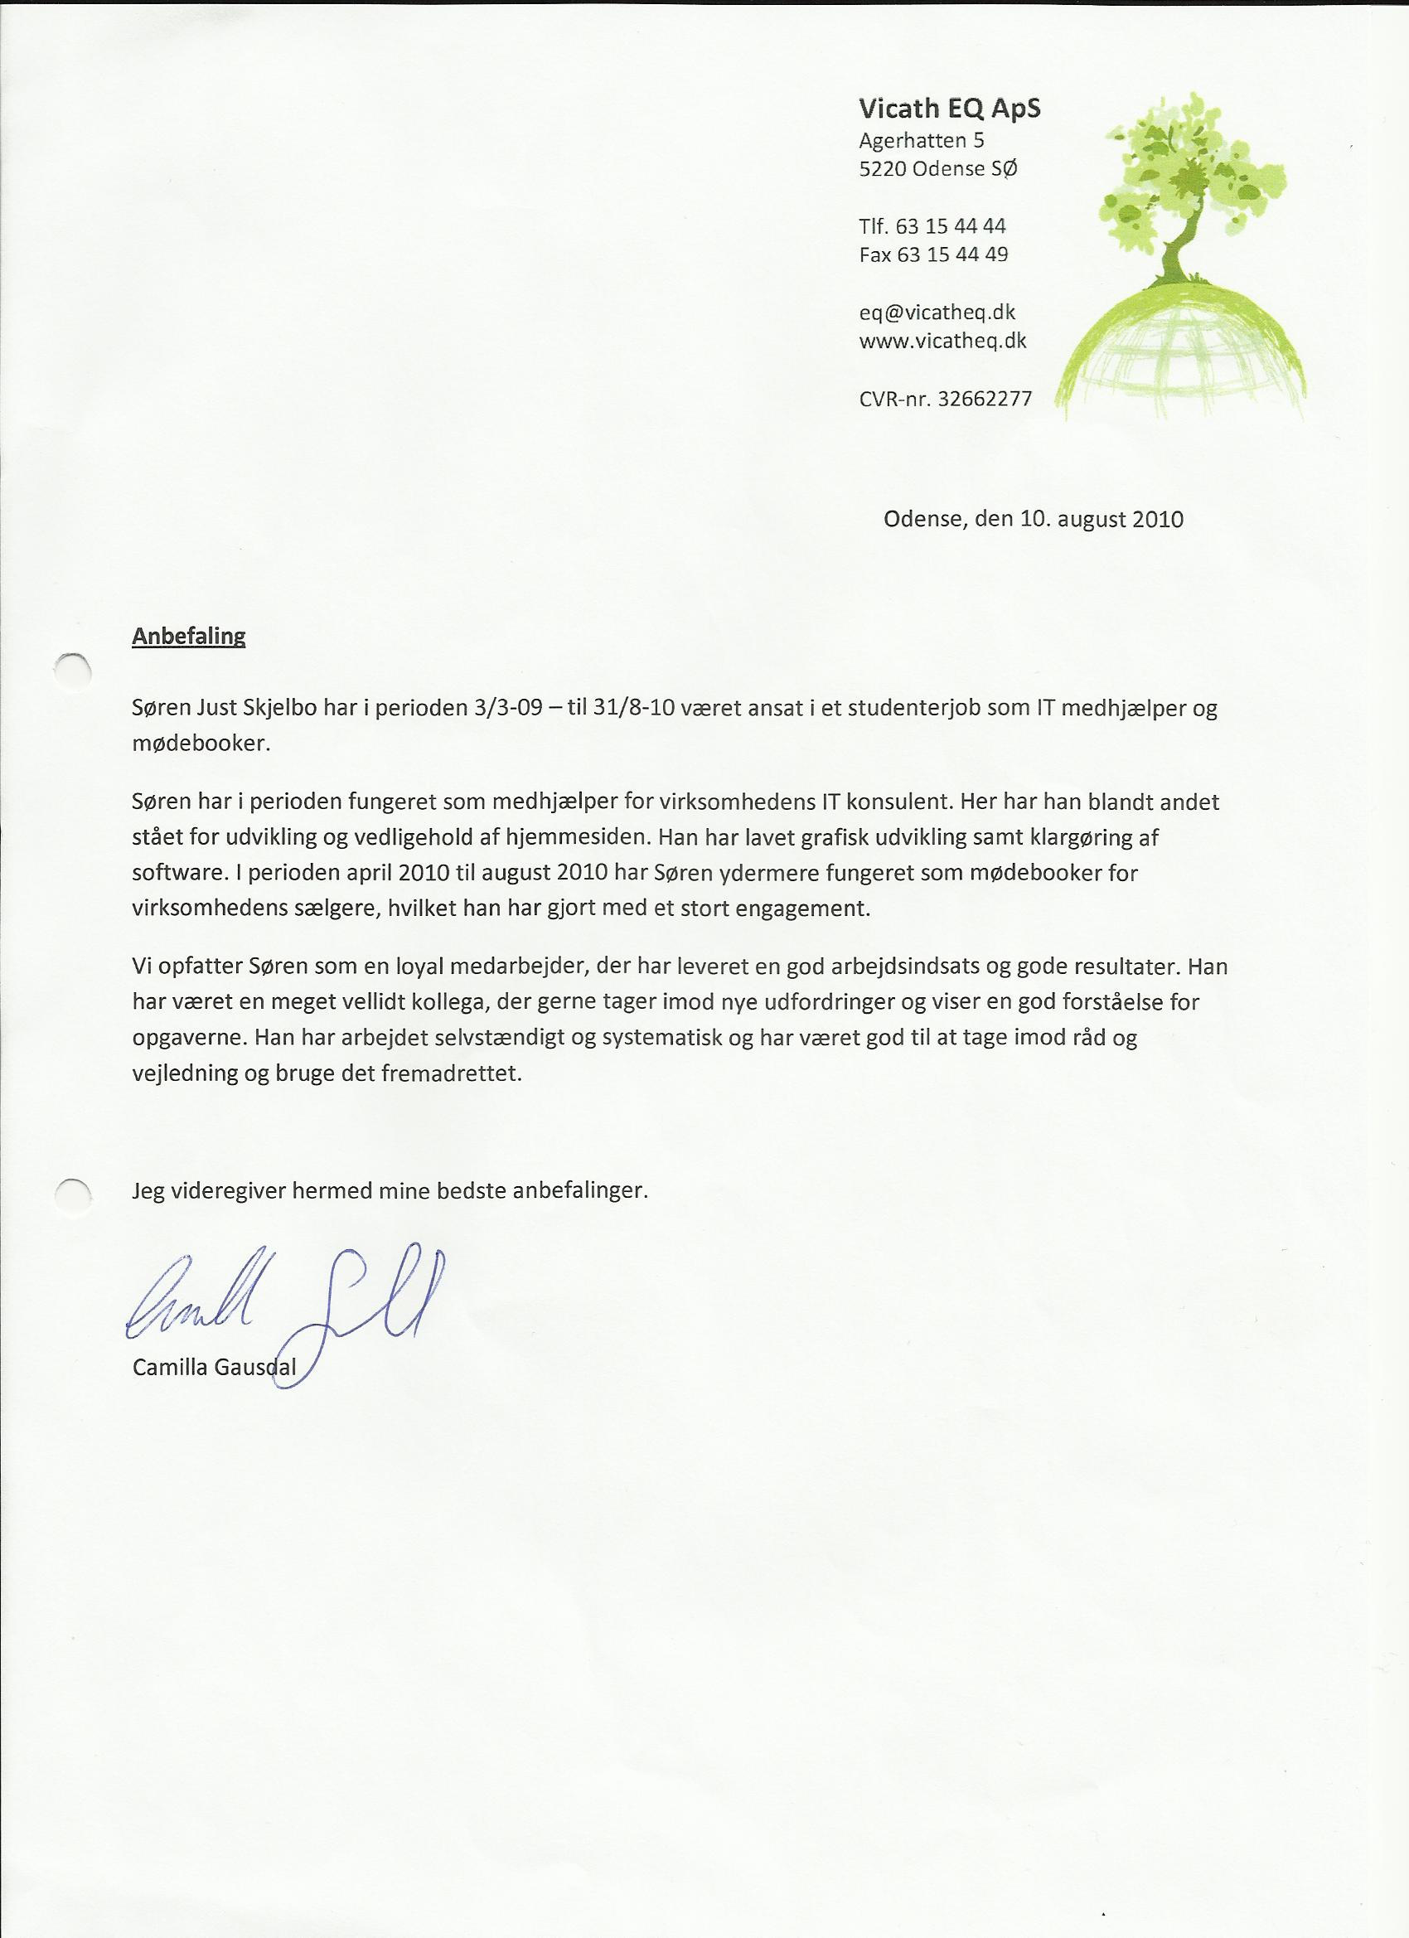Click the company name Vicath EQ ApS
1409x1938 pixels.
point(949,109)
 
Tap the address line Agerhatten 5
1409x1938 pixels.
point(921,140)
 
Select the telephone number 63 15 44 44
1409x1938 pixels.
point(951,226)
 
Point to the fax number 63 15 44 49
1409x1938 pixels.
point(951,254)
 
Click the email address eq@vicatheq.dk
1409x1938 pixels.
point(937,313)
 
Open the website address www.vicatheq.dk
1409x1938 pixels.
point(942,341)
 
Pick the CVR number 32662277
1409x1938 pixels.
point(985,398)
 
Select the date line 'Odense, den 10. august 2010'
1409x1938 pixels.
point(1033,519)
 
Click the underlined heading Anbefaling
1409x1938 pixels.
point(189,637)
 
